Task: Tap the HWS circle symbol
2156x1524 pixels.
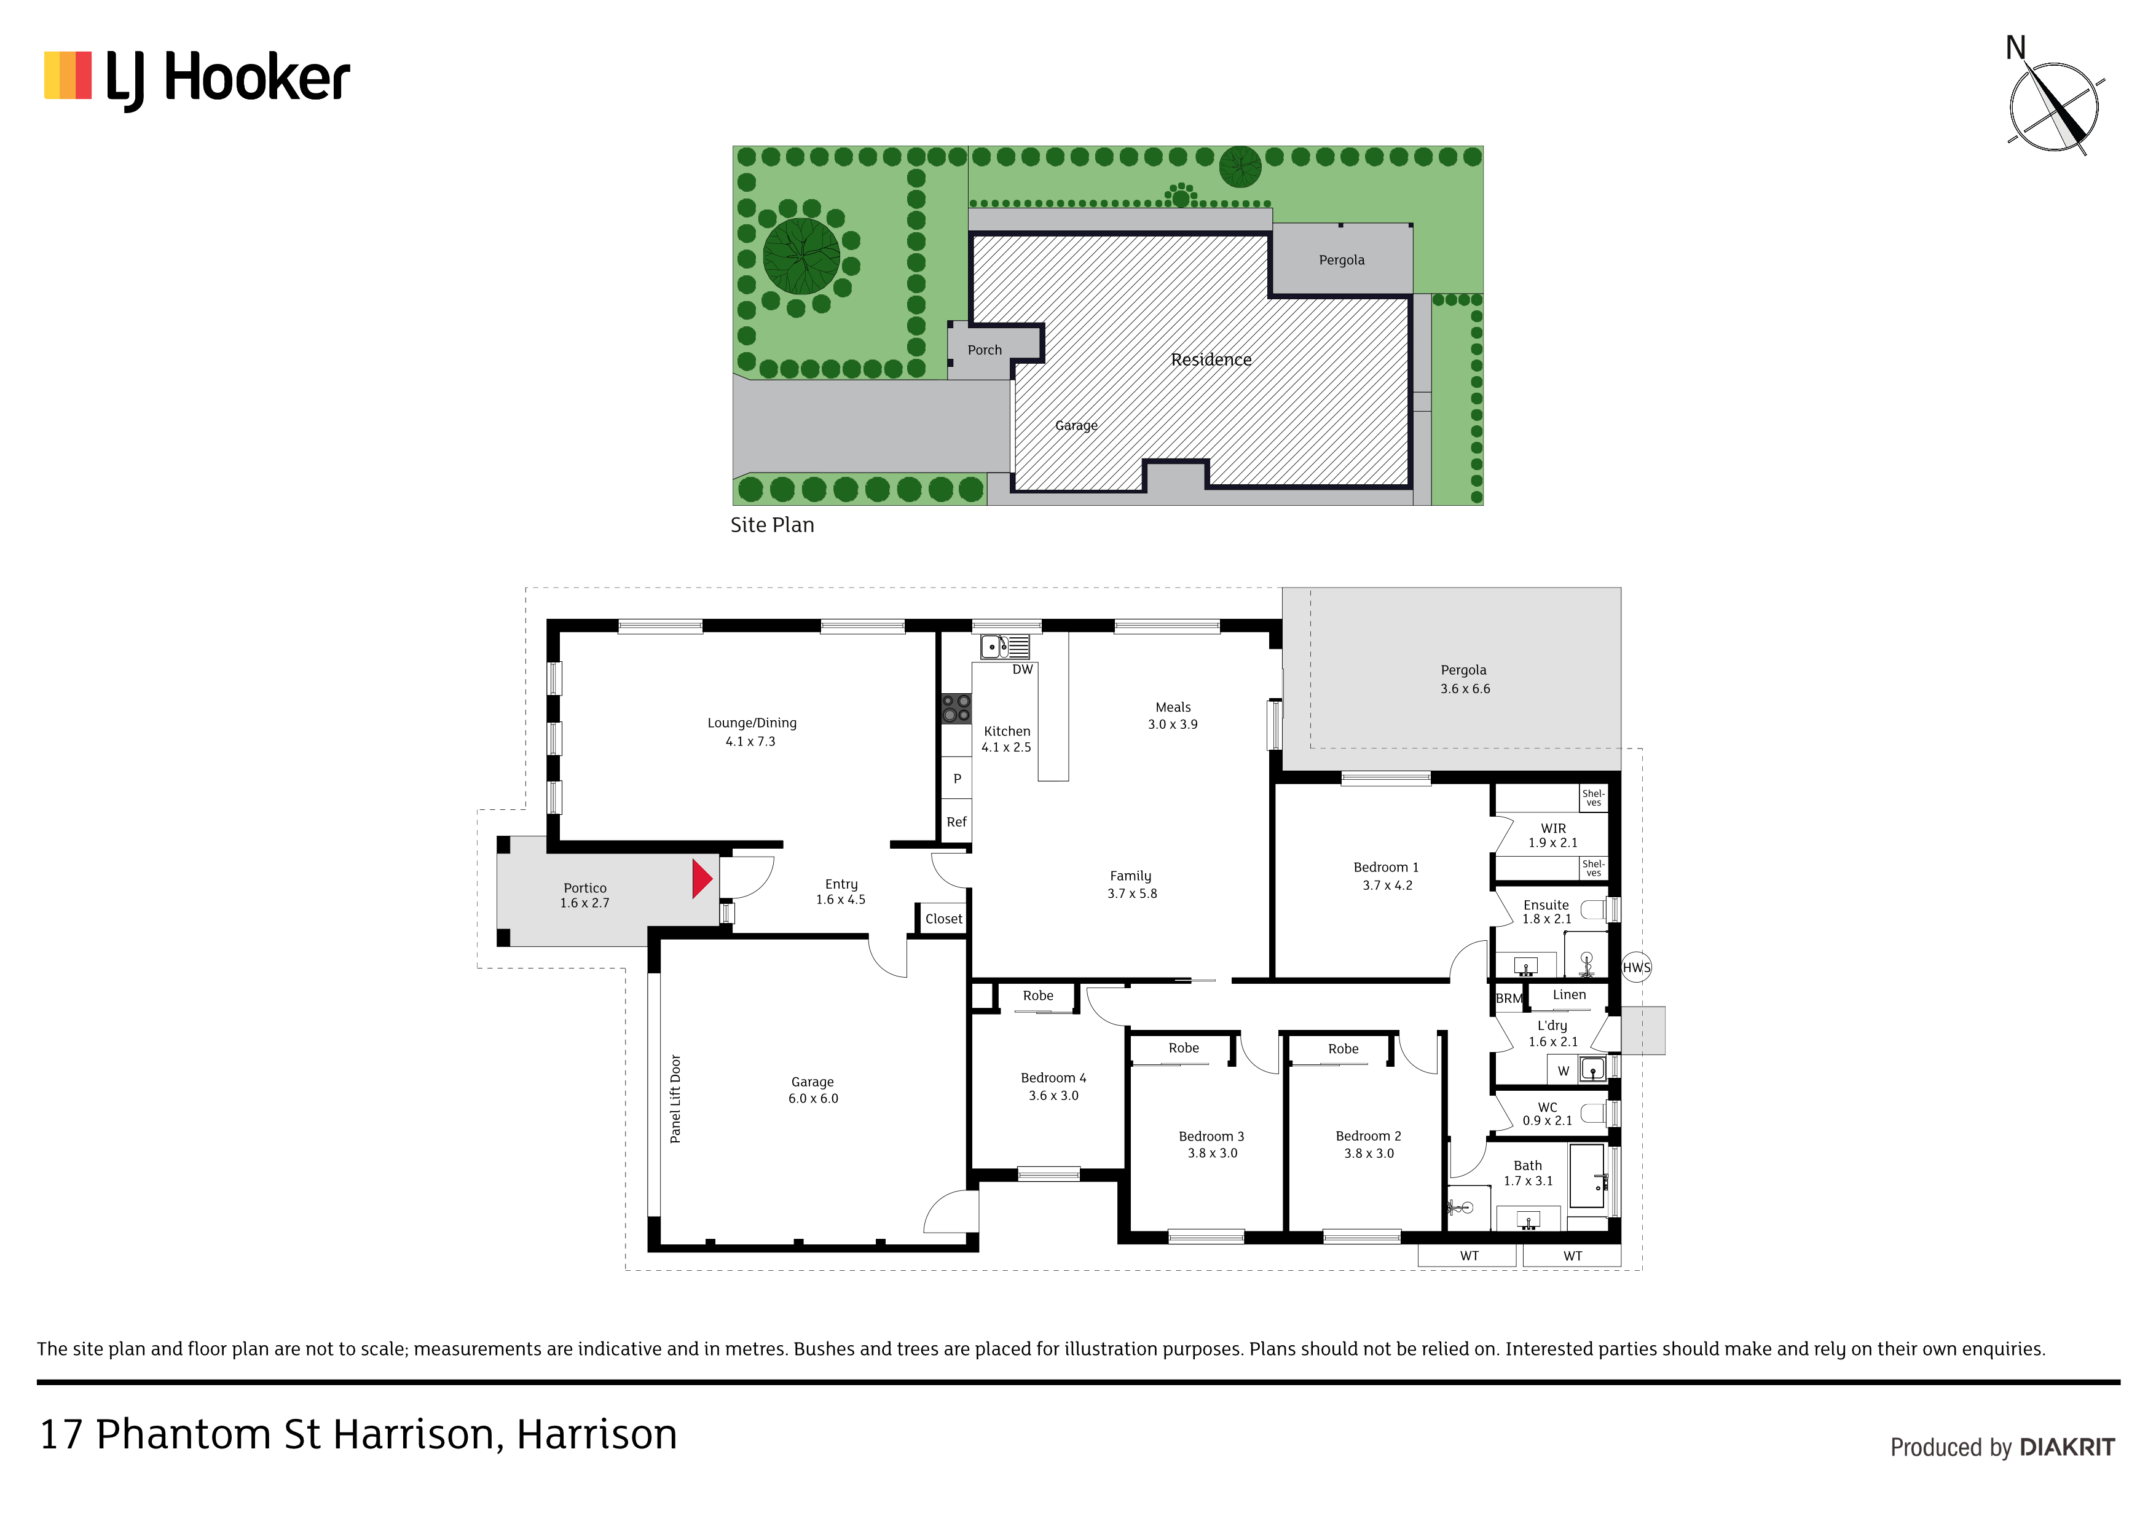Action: click(x=1636, y=967)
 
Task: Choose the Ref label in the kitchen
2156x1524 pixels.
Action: click(x=956, y=822)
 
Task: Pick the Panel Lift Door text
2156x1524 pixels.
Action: click(x=675, y=1099)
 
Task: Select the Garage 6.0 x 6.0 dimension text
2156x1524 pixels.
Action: click(x=813, y=1099)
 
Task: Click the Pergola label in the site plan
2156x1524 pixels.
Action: click(x=1342, y=260)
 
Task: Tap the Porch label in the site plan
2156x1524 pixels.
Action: click(x=985, y=350)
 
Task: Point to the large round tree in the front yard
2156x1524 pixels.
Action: click(x=801, y=256)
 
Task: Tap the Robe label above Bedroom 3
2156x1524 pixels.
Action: click(x=1184, y=1048)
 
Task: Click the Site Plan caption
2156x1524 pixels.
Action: click(x=773, y=525)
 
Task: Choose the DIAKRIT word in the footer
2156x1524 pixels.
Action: click(x=2067, y=1447)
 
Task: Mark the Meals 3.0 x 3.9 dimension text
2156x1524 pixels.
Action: click(x=1173, y=724)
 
